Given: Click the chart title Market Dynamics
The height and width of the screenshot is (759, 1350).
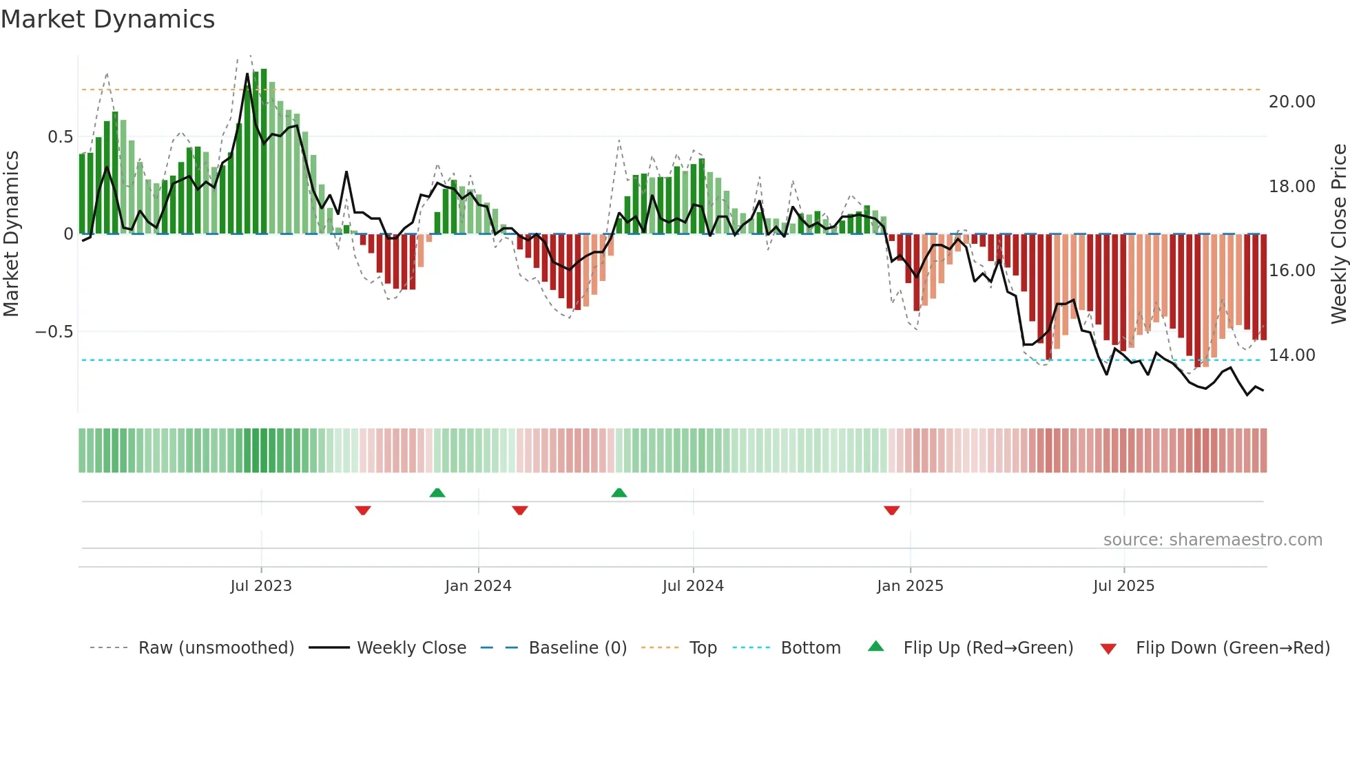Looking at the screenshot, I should pos(107,19).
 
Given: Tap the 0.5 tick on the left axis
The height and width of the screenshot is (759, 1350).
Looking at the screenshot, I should pos(60,137).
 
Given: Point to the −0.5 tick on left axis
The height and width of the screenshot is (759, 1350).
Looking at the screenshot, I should pos(54,332).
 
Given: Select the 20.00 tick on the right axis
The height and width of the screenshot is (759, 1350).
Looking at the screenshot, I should pos(1291,102).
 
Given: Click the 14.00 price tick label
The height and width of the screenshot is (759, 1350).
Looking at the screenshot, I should pos(1291,355).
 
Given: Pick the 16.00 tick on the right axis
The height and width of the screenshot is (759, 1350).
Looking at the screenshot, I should pos(1291,271).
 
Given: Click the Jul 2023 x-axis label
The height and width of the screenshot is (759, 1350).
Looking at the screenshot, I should pos(261,586).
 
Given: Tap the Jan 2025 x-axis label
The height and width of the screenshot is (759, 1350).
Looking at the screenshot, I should pos(910,586).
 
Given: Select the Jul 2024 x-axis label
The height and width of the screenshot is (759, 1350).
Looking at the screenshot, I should pos(693,586).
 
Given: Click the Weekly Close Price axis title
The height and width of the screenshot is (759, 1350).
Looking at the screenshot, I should pos(1338,234).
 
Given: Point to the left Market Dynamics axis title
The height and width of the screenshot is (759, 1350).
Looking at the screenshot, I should pos(11,234).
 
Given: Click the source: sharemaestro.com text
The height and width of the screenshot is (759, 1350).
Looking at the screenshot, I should pos(1212,540).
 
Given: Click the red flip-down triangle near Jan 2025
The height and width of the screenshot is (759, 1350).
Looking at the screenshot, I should pos(892,510).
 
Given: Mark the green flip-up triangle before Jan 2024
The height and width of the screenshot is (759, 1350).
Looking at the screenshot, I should pos(437,492).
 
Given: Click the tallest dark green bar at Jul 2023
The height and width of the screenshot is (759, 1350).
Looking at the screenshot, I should pos(264,152).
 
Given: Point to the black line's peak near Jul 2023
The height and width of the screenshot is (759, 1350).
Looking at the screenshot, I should pos(247,74).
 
